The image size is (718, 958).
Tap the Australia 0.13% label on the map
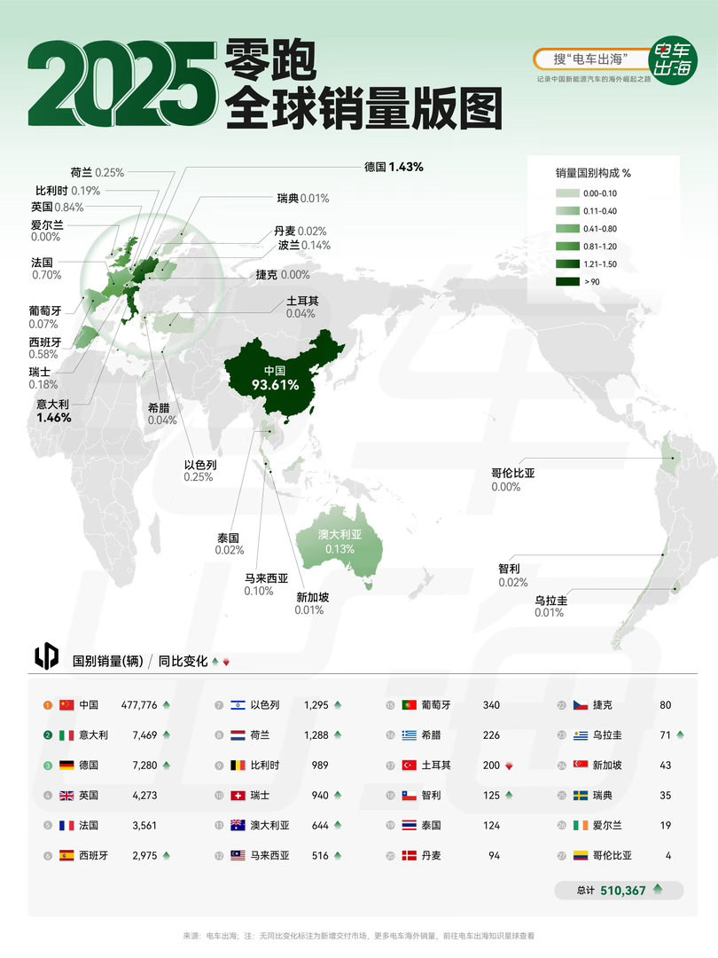point(340,542)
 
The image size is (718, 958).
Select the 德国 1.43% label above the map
point(394,167)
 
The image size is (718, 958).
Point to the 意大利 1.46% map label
point(53,410)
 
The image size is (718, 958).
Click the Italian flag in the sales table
point(66,734)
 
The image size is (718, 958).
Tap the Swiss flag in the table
point(237,796)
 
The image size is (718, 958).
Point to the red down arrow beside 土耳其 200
point(509,766)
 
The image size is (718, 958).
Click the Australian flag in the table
point(237,826)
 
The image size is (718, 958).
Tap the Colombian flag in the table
point(581,856)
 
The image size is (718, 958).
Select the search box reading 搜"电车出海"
point(589,59)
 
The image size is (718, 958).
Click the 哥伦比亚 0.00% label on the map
point(512,480)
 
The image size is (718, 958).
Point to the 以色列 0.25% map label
point(200,470)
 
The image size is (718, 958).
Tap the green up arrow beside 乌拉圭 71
point(680,735)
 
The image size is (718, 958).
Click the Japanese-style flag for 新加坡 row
point(581,766)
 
